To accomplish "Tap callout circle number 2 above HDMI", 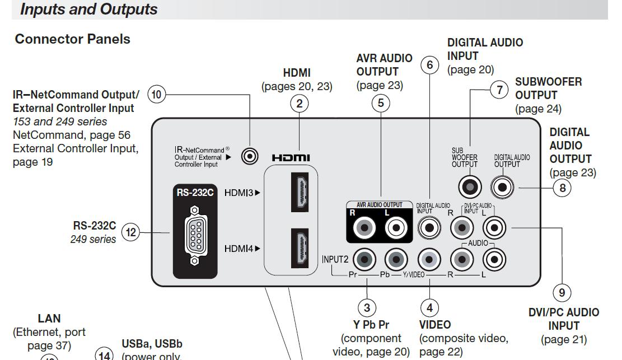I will tap(300, 103).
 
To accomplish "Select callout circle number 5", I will tap(381, 103).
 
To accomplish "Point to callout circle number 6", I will tap(430, 65).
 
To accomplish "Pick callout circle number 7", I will tap(499, 90).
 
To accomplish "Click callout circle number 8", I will tap(562, 188).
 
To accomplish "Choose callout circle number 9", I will tap(562, 292).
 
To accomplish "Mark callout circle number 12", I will tap(130, 232).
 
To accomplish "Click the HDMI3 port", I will tap(300, 193).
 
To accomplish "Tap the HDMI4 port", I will tap(300, 248).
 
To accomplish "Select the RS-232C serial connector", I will tap(194, 235).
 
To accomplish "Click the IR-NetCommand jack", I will tap(250, 157).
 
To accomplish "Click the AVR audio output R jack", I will tap(365, 227).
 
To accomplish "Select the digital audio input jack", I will tap(429, 227).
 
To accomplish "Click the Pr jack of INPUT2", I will tap(365, 259).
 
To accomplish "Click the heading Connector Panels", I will tap(73, 39).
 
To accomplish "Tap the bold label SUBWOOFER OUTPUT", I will tap(548, 88).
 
